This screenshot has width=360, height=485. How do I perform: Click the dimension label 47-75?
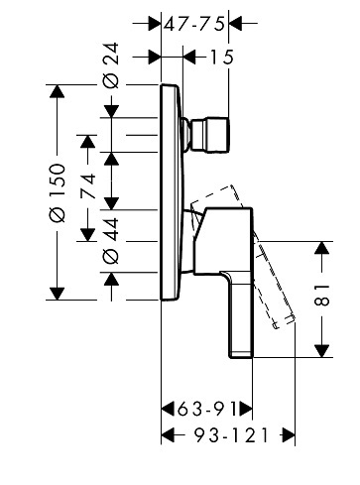pos(194,24)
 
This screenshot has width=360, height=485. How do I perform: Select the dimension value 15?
pos(221,58)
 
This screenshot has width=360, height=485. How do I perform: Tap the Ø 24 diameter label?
pos(111,65)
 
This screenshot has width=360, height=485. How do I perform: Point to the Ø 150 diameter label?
pos(57,192)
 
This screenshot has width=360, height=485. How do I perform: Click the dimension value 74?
pos(88,186)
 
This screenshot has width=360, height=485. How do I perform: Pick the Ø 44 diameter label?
pos(111,241)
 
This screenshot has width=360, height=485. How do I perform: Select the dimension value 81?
pos(322,295)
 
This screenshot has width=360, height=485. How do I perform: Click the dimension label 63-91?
pos(207,410)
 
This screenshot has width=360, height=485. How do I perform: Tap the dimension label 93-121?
pos(231,435)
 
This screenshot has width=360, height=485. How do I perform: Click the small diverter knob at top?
pos(207,135)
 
